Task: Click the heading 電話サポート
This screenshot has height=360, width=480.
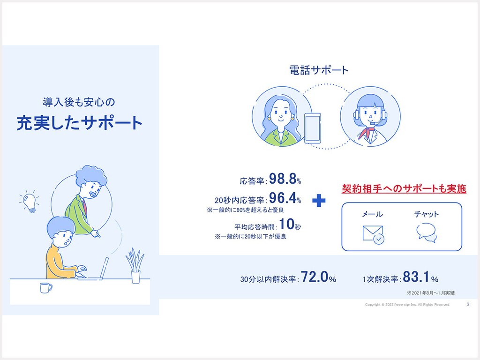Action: tap(319, 70)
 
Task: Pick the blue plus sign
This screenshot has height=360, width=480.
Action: tap(319, 201)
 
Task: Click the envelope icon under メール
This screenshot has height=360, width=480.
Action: tap(374, 234)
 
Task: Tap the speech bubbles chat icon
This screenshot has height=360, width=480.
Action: tap(427, 232)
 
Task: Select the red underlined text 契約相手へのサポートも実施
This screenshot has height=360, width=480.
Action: tap(404, 188)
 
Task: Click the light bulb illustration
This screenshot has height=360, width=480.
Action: tap(30, 202)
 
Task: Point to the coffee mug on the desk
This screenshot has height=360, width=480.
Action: tap(45, 288)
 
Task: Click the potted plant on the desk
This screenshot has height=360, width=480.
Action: tap(135, 266)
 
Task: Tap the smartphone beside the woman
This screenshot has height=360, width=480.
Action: tap(313, 127)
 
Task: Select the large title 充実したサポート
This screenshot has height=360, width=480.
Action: tap(80, 123)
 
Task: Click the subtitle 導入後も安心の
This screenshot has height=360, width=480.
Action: tap(79, 102)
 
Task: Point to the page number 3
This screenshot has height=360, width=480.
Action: tap(468, 304)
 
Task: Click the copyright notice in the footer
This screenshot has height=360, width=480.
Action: tap(407, 305)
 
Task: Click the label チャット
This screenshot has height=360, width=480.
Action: tap(427, 214)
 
